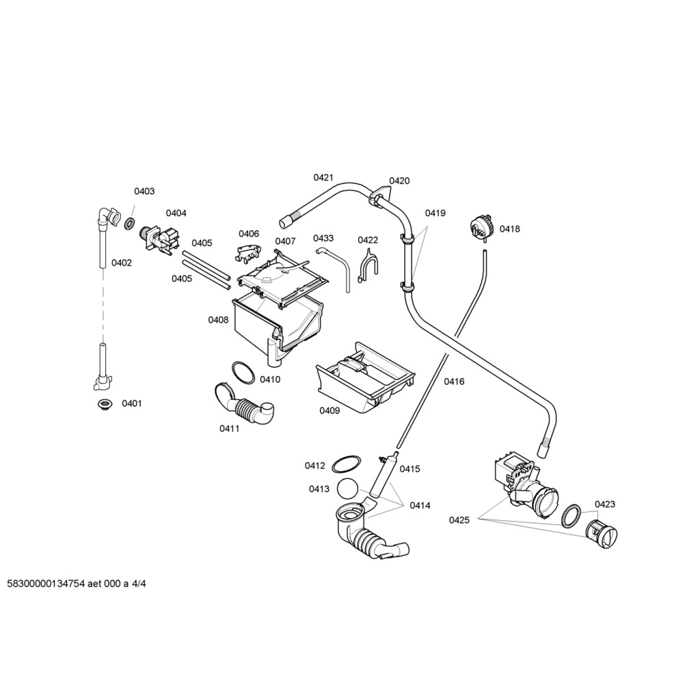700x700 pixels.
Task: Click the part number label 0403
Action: tap(144, 191)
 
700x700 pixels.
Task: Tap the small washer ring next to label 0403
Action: tap(129, 223)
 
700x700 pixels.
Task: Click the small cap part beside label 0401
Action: tap(104, 404)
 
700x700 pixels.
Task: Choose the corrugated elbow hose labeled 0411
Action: tap(245, 405)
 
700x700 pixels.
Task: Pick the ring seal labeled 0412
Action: tap(346, 463)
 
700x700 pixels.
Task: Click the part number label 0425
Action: tap(459, 520)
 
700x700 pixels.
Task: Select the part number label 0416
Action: tap(454, 381)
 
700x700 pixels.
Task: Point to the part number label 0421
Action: tap(323, 178)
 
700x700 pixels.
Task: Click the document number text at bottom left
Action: tap(76, 584)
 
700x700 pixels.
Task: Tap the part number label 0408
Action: tap(218, 319)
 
